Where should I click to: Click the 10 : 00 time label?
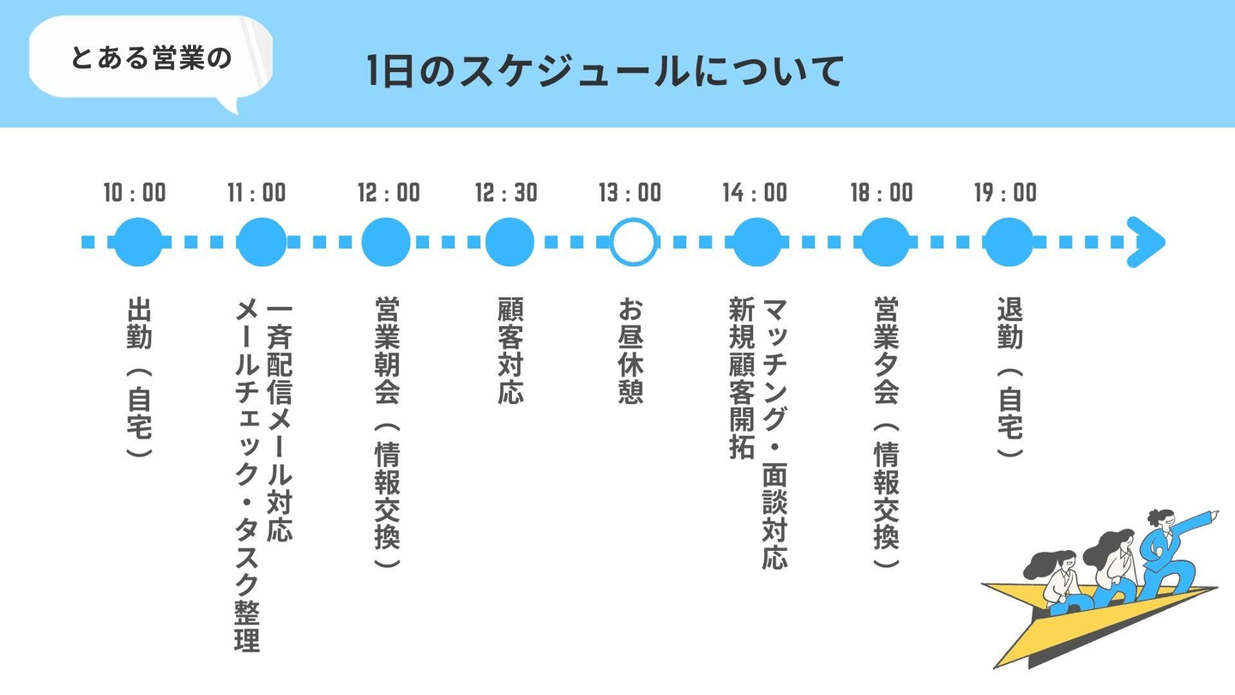click(x=135, y=192)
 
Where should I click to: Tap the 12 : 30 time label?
click(x=506, y=192)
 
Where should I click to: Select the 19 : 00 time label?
click(x=1005, y=192)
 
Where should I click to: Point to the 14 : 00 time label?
click(x=754, y=192)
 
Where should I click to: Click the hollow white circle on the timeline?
click(x=633, y=242)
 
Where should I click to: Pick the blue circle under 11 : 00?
click(x=262, y=242)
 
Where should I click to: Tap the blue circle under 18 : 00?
click(x=885, y=242)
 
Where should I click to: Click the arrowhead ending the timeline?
click(x=1147, y=242)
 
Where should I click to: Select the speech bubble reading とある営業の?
click(x=151, y=58)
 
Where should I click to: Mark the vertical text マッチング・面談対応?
click(x=774, y=433)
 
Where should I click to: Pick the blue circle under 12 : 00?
click(x=386, y=242)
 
